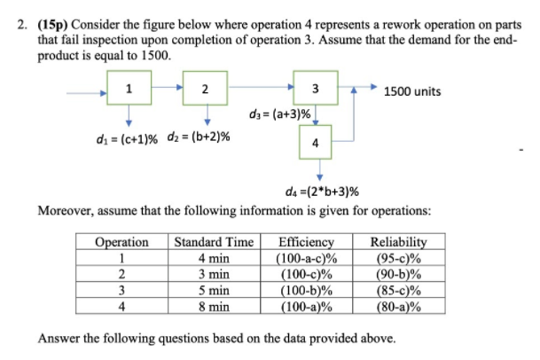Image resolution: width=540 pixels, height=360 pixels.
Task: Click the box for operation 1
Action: [129, 88]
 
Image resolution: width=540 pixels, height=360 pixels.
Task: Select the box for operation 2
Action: [206, 88]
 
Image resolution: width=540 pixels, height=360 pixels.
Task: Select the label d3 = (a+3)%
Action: [281, 114]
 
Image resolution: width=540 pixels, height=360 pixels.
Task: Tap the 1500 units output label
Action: [412, 91]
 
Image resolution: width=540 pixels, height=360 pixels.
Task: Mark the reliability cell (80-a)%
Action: [398, 307]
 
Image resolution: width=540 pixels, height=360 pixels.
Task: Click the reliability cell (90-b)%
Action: [398, 274]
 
